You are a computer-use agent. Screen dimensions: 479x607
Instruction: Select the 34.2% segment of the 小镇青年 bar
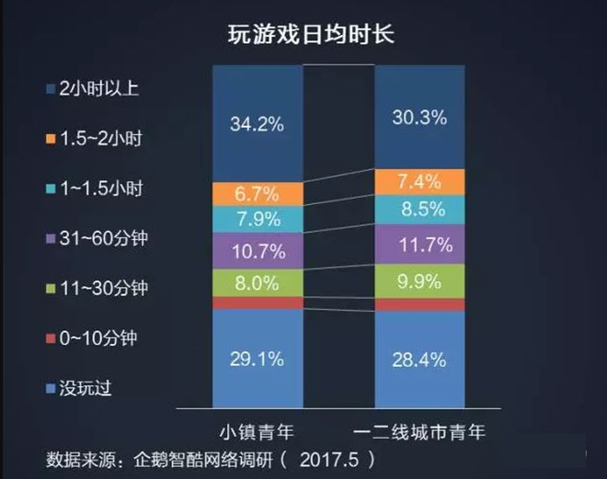pos(257,123)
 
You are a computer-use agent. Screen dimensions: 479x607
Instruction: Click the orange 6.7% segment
pos(257,194)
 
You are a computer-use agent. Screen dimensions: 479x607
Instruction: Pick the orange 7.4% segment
pos(419,181)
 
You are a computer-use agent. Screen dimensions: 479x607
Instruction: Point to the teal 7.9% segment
pos(257,221)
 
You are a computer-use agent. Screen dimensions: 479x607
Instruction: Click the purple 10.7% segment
pos(257,251)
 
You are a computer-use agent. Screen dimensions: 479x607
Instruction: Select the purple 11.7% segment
pos(419,245)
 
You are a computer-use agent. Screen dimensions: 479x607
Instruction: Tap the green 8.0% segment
pos(257,282)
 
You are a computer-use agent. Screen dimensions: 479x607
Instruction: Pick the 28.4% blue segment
pos(419,356)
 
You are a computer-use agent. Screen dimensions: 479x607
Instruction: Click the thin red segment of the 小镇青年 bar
pos(257,302)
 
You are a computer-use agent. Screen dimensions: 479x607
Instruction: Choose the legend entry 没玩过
pos(83,388)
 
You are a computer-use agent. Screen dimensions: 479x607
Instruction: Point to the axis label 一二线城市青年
pos(419,430)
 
